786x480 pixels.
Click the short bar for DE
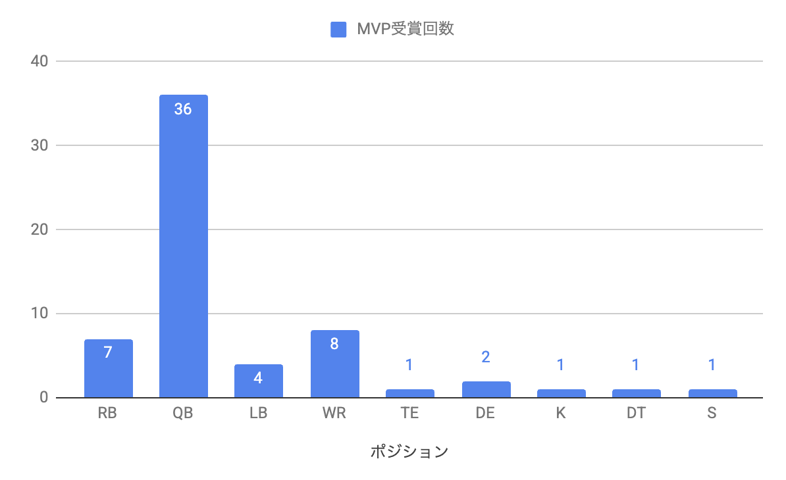click(x=486, y=390)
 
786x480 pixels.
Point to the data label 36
click(x=183, y=109)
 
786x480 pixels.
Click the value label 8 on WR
click(x=334, y=344)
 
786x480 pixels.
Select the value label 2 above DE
click(x=486, y=357)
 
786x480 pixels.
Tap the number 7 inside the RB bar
click(x=108, y=352)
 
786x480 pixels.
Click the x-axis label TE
click(x=409, y=414)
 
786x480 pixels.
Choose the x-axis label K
click(x=561, y=414)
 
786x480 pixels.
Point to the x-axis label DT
click(x=636, y=414)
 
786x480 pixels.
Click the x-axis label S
click(x=712, y=414)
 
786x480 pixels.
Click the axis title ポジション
click(x=409, y=452)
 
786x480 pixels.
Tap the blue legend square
click(x=338, y=30)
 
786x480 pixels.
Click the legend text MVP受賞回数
click(x=405, y=30)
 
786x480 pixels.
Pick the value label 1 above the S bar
click(x=712, y=365)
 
